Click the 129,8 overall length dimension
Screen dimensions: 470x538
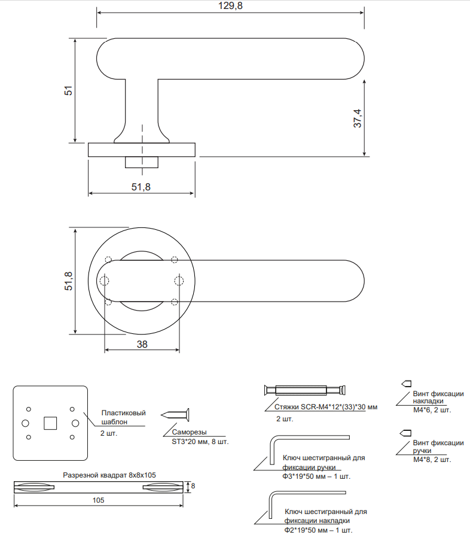230,6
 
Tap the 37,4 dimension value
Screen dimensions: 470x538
358,118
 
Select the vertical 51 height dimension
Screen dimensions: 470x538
69,90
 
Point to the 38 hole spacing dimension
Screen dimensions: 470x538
142,344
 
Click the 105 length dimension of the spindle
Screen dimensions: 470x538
99,500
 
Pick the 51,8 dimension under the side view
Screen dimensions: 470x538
141,187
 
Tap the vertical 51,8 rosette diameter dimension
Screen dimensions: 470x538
69,281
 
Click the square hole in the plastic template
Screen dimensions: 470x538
50,423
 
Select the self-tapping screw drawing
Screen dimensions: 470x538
175,415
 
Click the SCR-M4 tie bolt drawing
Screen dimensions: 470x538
305,390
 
